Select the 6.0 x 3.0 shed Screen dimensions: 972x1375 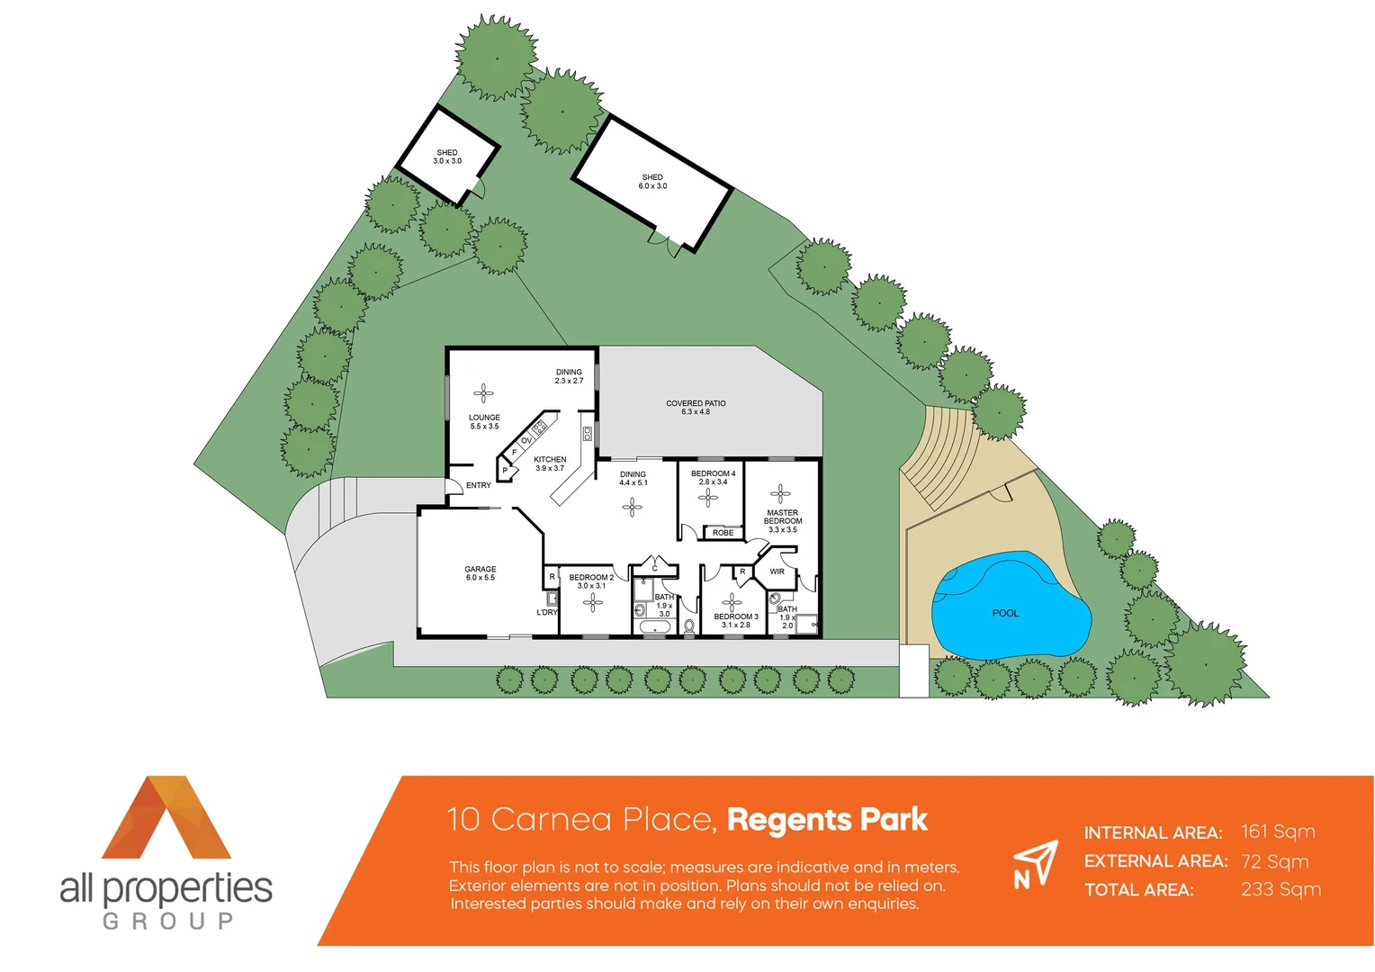coord(652,183)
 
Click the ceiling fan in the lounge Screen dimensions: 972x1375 coord(483,392)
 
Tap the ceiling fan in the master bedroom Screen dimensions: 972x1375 coord(781,492)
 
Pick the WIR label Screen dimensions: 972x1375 coord(777,571)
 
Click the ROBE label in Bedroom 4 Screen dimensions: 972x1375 coord(723,533)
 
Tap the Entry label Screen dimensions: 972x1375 coord(479,486)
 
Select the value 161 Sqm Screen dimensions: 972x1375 coord(1278,832)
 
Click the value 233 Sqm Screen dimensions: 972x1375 coord(1281,890)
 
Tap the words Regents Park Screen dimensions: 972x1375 coord(827,820)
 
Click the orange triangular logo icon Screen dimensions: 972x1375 coord(166,817)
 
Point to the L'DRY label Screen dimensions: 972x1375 coord(547,613)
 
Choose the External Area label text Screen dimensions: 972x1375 coord(1155,861)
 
